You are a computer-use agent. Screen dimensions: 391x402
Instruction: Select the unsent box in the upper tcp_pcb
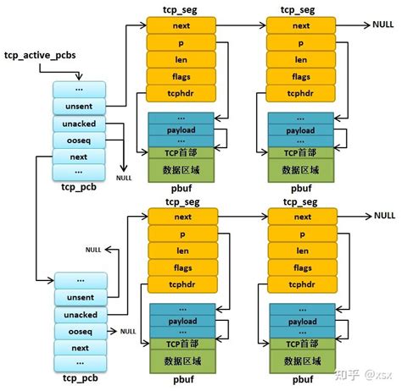pos(78,105)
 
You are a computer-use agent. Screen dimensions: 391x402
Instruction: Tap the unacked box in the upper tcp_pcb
pos(78,123)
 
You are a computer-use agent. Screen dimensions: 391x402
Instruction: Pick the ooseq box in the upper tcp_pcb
pos(78,140)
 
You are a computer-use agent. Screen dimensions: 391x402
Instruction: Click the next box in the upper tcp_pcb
pos(78,157)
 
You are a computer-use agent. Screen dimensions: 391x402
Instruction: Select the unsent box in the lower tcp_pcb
pos(80,297)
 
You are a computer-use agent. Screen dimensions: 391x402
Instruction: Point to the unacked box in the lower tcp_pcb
pos(80,314)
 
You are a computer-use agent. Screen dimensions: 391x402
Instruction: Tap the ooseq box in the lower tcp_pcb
pos(80,331)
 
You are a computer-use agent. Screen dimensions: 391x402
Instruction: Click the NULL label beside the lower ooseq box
pos(128,331)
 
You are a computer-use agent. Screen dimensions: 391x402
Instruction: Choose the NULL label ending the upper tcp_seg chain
pos(382,26)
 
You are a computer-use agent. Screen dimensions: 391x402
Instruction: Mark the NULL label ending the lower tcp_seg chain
pos(382,218)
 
